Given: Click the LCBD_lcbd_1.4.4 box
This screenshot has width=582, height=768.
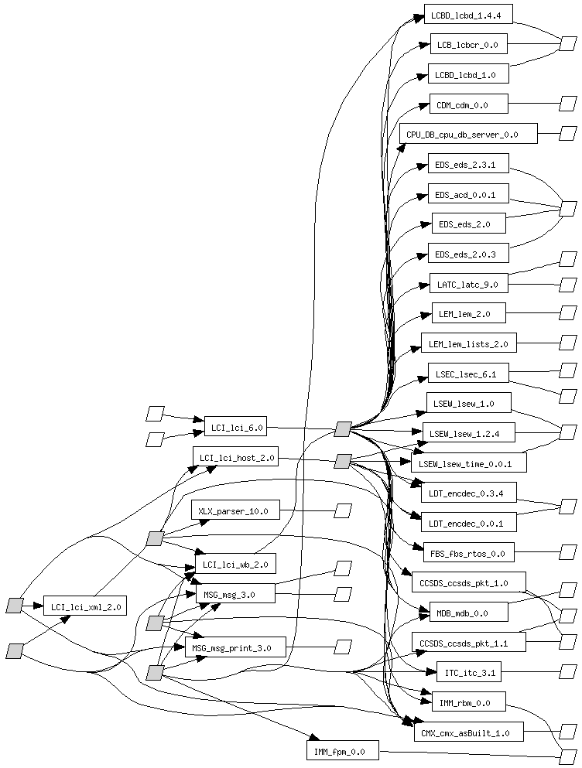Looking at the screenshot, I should pyautogui.click(x=468, y=14).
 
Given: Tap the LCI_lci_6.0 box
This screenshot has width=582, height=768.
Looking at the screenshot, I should pyautogui.click(x=235, y=426).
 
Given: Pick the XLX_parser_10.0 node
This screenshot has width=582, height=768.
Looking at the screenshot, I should pyautogui.click(x=235, y=510).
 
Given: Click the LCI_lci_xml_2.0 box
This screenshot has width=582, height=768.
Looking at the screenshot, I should pyautogui.click(x=84, y=606).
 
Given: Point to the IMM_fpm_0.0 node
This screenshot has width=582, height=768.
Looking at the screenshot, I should pyautogui.click(x=341, y=750).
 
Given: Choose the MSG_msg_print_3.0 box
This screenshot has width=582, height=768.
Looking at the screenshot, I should pyautogui.click(x=235, y=647).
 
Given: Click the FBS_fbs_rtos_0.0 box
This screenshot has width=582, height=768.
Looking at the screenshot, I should pyautogui.click(x=468, y=552).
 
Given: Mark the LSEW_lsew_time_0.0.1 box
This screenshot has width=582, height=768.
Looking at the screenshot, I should pyautogui.click(x=468, y=463).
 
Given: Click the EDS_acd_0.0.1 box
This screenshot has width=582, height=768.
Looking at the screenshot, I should pyautogui.click(x=468, y=194).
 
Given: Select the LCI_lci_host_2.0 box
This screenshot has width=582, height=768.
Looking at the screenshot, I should pyautogui.click(x=235, y=457).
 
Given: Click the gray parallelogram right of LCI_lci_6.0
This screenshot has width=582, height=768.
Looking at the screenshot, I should pyautogui.click(x=343, y=429).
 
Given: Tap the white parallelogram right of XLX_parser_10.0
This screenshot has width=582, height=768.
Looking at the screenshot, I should pyautogui.click(x=343, y=510).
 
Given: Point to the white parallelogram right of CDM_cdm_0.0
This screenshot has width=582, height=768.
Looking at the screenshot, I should pyautogui.click(x=568, y=104).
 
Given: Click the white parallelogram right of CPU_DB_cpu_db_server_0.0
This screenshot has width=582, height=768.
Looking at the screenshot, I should pyautogui.click(x=568, y=133).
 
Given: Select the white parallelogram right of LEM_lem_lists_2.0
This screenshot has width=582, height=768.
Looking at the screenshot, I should pyautogui.click(x=568, y=342).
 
